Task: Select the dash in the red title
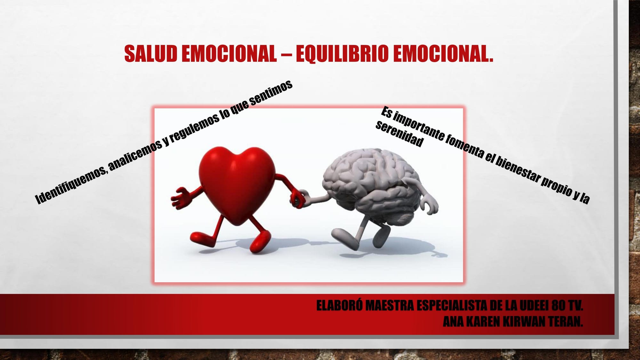(x=286, y=53)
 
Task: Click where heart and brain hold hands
(x=300, y=199)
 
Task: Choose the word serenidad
(x=399, y=134)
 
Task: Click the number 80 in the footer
(x=558, y=306)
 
